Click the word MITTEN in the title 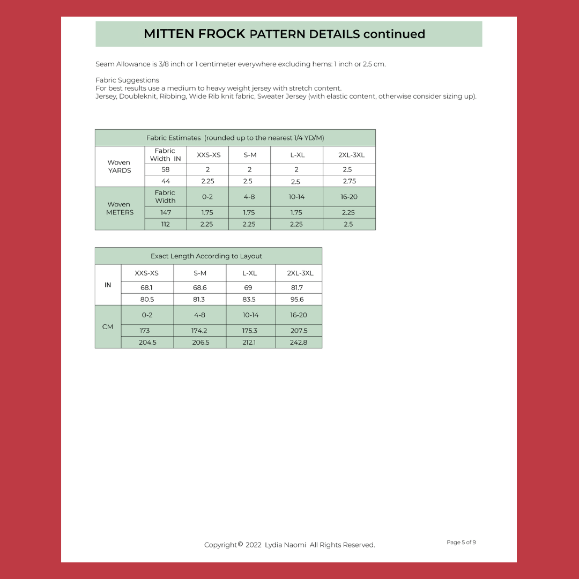169,34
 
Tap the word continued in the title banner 394,34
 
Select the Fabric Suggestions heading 127,80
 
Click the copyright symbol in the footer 240,545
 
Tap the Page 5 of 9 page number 461,543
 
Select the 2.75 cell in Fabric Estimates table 349,181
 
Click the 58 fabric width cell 166,169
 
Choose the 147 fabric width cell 166,212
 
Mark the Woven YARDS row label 119,166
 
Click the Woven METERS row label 119,208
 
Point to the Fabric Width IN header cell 165,154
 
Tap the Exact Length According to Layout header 206,256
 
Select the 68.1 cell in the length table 147,288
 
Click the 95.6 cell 297,300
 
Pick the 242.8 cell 298,343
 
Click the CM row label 108,326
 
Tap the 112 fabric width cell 166,224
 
